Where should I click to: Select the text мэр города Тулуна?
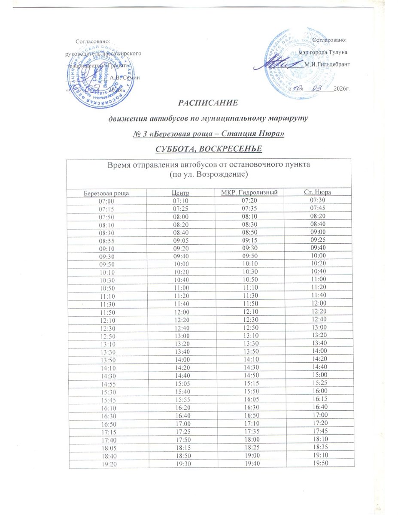coord(327,52)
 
